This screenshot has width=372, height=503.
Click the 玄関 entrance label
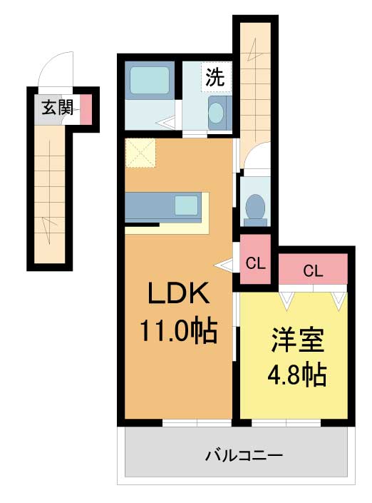(58, 107)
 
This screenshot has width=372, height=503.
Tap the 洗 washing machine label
(215, 77)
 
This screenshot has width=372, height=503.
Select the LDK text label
(178, 293)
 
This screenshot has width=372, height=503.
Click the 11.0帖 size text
(178, 332)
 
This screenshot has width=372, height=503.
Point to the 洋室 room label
(298, 340)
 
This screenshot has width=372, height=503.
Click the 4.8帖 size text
(296, 375)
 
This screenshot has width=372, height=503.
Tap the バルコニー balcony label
(244, 455)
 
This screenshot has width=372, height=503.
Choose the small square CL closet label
(256, 264)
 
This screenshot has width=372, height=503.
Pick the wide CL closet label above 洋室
(313, 271)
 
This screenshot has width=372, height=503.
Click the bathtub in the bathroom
(149, 80)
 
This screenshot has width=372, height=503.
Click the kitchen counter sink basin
(187, 205)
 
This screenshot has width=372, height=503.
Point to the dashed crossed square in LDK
(140, 153)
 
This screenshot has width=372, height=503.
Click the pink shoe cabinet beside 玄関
(86, 109)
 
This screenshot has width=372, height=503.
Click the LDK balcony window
(197, 423)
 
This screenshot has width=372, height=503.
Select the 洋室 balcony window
(286, 423)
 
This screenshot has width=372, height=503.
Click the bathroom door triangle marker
(165, 123)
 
